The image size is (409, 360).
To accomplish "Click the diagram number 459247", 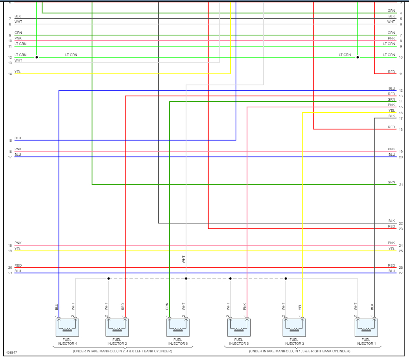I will (x=11, y=353).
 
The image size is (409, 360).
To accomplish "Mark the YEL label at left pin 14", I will (x=17, y=72).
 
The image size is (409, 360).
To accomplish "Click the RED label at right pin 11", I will (x=391, y=72).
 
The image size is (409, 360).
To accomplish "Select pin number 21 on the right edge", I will (x=401, y=185).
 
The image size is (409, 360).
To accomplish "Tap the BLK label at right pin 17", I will (x=391, y=116).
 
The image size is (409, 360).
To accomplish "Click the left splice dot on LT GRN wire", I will (x=37, y=57).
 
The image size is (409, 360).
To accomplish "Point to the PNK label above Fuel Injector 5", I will (x=245, y=307).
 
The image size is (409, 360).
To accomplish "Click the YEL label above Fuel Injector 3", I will (x=300, y=307).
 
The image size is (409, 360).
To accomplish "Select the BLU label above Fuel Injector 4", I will (x=56, y=307).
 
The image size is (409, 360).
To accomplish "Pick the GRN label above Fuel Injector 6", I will (x=167, y=307).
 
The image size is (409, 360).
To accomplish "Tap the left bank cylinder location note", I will (x=122, y=352).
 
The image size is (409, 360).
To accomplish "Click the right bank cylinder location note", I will (x=299, y=352).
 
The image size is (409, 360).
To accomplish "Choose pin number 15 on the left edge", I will (x=10, y=141).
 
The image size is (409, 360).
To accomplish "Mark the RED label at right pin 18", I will (x=391, y=127).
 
